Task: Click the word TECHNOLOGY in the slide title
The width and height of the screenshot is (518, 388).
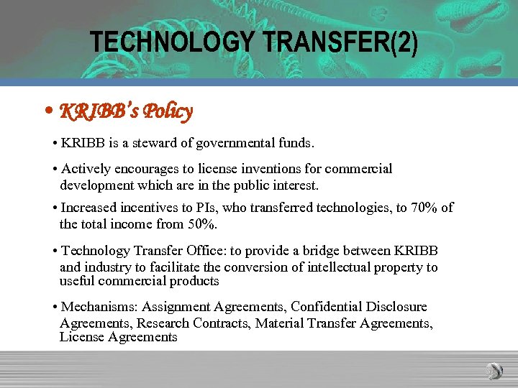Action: (173, 43)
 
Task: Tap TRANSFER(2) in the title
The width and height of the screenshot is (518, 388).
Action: (341, 43)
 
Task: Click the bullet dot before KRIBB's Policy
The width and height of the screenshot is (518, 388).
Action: (47, 112)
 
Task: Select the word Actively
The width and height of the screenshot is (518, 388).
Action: (86, 169)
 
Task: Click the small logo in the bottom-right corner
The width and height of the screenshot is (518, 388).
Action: (494, 371)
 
